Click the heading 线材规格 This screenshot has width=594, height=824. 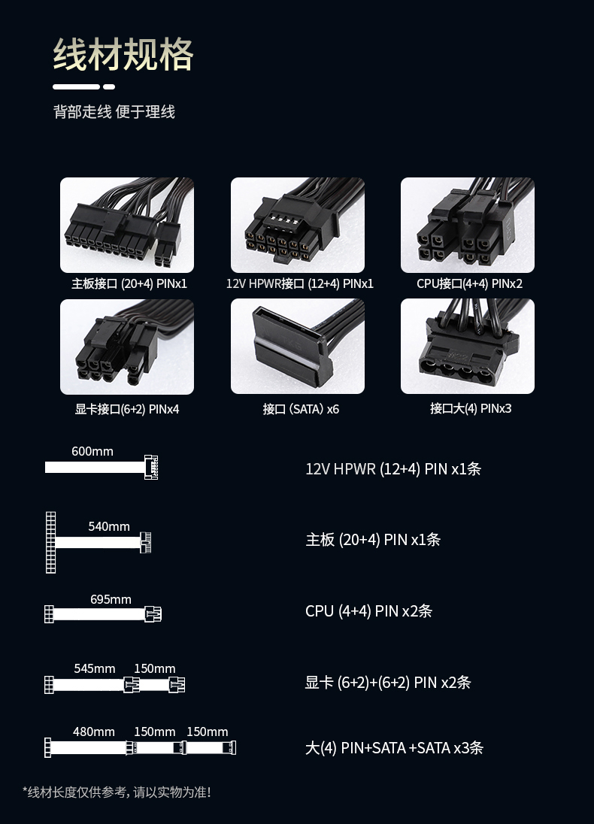[123, 54]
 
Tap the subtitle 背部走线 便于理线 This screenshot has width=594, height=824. [114, 112]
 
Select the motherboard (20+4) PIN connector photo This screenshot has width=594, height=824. [127, 225]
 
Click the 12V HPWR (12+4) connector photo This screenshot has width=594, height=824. [298, 225]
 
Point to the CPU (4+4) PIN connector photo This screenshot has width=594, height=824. [468, 225]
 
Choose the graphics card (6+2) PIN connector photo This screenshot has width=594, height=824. [127, 347]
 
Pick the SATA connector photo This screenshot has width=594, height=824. [298, 347]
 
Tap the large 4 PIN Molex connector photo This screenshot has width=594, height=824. [468, 347]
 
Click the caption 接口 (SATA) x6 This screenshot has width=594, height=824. [301, 409]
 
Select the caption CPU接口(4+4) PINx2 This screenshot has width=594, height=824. [469, 283]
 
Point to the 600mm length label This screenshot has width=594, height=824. [92, 451]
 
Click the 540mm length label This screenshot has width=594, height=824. [109, 526]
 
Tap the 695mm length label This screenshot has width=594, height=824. [111, 600]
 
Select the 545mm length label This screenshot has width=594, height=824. [95, 668]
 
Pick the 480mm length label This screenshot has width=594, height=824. [93, 732]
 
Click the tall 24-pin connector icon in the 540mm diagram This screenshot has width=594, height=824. [50, 542]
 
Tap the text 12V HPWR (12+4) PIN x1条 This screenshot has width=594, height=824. [393, 468]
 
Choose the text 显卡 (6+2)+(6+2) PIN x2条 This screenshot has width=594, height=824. [388, 682]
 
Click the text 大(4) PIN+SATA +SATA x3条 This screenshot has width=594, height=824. [394, 748]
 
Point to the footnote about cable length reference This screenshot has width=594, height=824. [117, 792]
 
